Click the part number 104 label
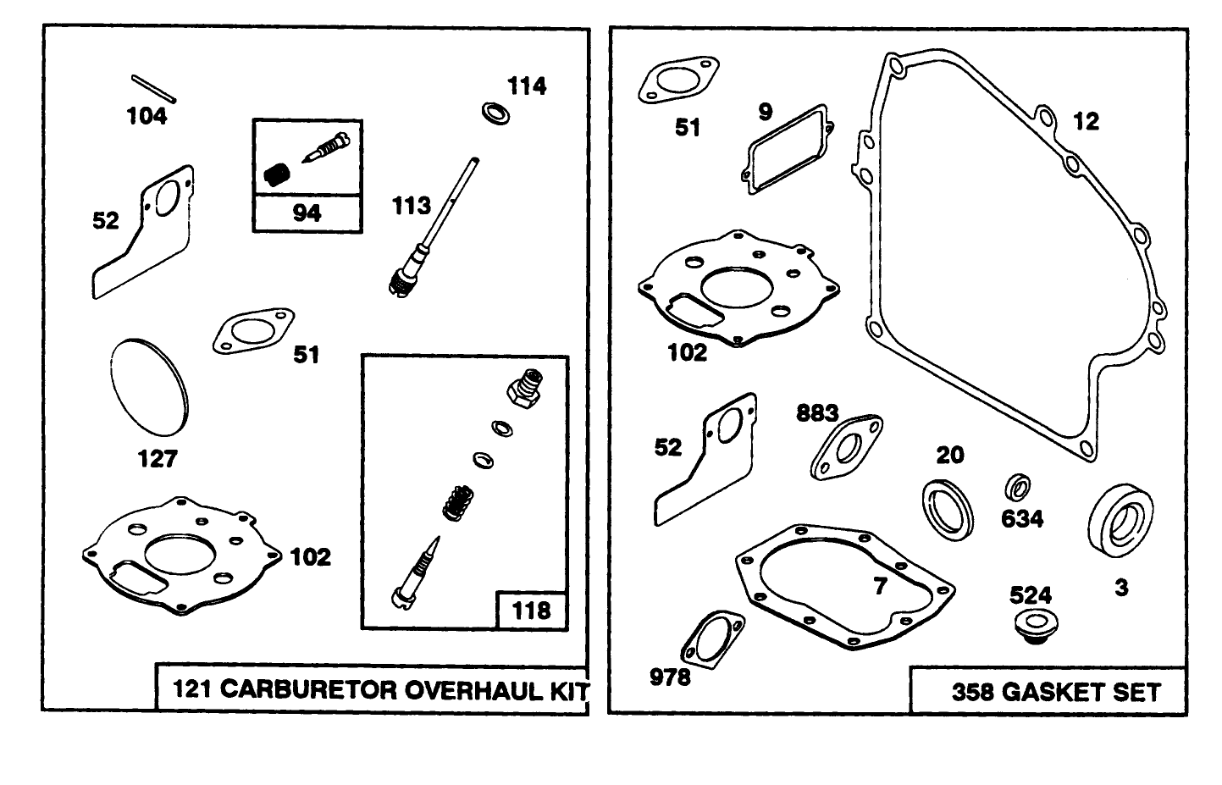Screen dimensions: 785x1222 click(x=147, y=116)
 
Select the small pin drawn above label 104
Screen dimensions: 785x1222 click(x=152, y=86)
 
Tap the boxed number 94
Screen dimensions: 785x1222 click(x=307, y=213)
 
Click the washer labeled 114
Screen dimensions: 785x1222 click(x=495, y=113)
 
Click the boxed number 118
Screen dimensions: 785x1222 click(x=531, y=610)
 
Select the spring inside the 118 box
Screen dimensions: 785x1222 click(x=456, y=500)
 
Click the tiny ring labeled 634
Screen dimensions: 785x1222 click(x=1017, y=488)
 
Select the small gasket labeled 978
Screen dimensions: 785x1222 click(x=716, y=644)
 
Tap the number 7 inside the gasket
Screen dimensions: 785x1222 click(x=880, y=585)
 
